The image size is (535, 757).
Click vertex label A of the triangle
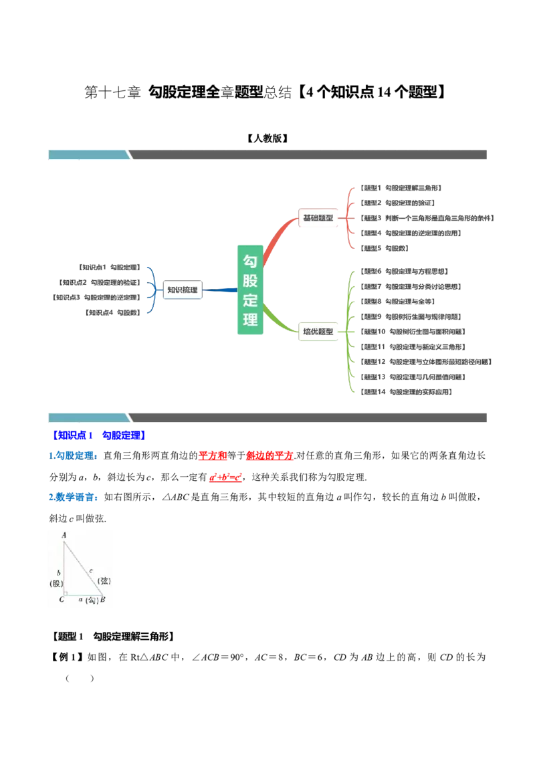pos(64,535)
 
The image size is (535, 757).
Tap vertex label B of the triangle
pos(102,600)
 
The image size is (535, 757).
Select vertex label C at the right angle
pos(62,599)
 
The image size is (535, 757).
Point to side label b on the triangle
pos(59,573)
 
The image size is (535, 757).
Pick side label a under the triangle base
pos(80,600)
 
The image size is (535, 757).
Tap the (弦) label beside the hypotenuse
pos(104,580)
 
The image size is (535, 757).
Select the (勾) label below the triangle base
pos(92,601)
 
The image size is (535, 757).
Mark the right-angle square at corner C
pos(66,592)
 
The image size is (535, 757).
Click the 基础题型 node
pos(318,218)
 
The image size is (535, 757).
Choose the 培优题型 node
pos(318,331)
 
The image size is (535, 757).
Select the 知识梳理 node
pos(182,290)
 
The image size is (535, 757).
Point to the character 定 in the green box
pos(250,300)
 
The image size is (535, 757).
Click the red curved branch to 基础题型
pos(277,237)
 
